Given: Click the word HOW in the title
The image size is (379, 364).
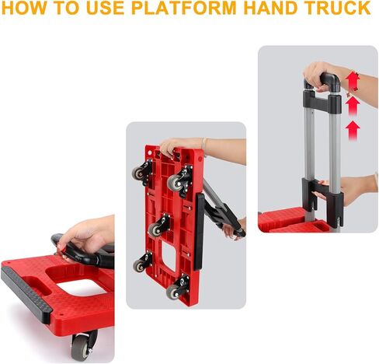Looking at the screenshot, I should [26, 9].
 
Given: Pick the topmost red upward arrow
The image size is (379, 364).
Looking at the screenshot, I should [354, 82].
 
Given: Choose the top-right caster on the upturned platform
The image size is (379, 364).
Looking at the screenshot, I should [178, 182].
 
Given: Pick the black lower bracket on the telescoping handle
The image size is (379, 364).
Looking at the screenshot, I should [322, 198].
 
